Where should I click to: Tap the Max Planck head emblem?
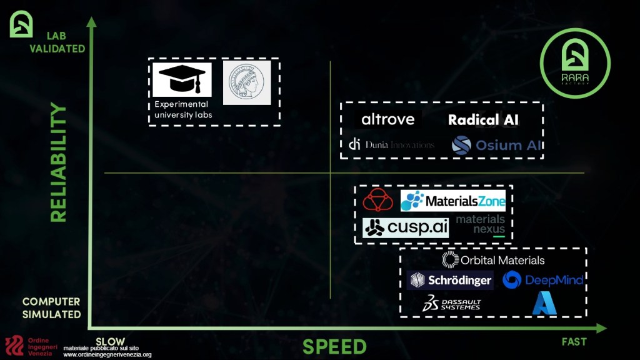tap(247, 82)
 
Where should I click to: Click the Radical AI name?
tap(483, 120)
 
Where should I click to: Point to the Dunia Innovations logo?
tap(391, 145)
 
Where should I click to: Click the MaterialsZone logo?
tap(453, 201)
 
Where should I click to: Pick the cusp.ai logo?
tap(406, 228)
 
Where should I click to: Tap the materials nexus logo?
tap(481, 225)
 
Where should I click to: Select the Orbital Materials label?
tap(493, 260)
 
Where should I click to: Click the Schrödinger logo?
tap(450, 280)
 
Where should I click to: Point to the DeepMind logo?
tap(542, 280)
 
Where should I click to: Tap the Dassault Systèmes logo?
tap(451, 304)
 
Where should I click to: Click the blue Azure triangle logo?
tap(543, 304)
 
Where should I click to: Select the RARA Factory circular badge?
tap(575, 62)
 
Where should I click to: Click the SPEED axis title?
tap(334, 346)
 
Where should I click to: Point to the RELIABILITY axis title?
tap(58, 163)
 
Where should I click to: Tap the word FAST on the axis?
tap(573, 341)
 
